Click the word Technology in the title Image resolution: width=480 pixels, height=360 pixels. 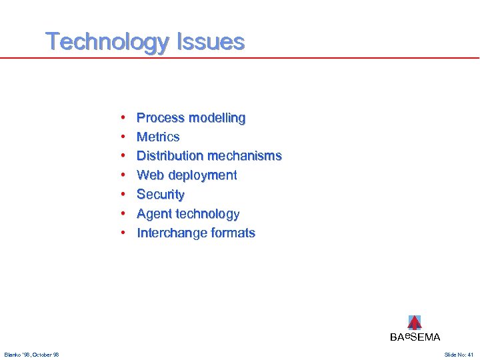tap(107, 42)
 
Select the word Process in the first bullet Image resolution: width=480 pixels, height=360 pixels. tap(160, 118)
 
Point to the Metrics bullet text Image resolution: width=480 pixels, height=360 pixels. tap(158, 137)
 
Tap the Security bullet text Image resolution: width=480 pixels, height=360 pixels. tap(161, 195)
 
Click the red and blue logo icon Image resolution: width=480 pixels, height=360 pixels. tap(415, 323)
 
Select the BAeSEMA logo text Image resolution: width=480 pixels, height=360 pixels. tap(415, 337)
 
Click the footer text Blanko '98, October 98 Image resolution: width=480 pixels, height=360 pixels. tap(31, 354)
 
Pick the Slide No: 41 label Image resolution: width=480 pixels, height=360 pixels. tap(458, 354)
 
